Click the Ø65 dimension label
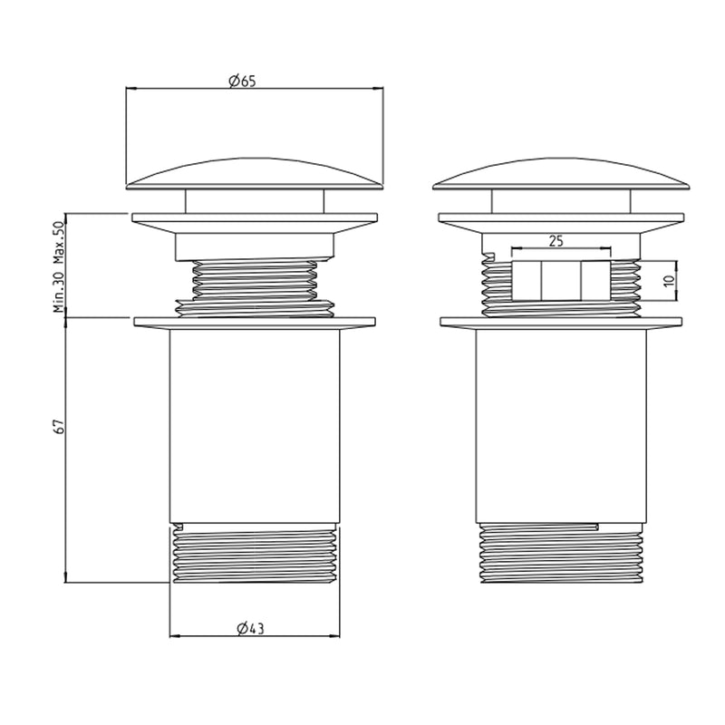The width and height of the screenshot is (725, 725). click(242, 81)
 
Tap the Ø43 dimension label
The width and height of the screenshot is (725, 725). click(250, 628)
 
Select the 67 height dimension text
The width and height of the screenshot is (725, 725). click(59, 426)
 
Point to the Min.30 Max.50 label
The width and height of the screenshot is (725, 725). click(59, 266)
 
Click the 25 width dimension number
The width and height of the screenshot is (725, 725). click(556, 241)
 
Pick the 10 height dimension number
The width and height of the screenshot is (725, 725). click(669, 280)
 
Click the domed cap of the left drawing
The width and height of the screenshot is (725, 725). click(255, 174)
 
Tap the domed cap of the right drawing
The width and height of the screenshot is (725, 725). click(561, 174)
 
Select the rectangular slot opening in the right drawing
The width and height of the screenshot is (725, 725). click(561, 281)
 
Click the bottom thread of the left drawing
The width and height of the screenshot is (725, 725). click(255, 553)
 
